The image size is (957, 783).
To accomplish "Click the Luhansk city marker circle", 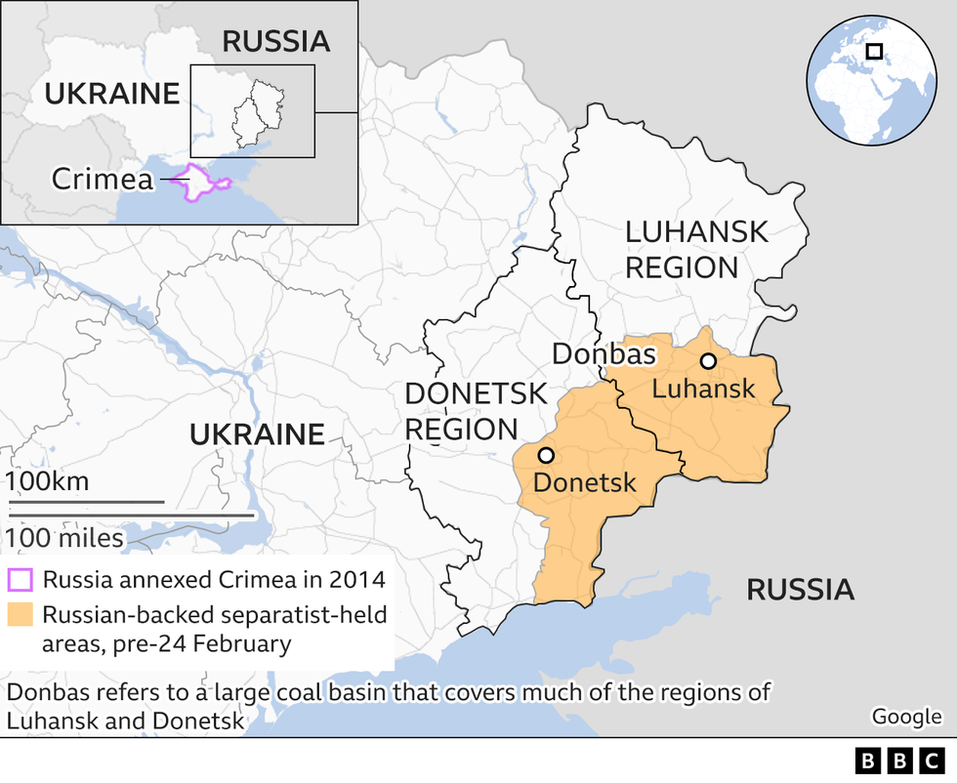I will pyautogui.click(x=708, y=361).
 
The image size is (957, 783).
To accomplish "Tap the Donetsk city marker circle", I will pyautogui.click(x=546, y=455).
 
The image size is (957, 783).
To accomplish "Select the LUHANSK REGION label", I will pyautogui.click(x=696, y=250).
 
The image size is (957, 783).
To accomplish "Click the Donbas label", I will pyautogui.click(x=603, y=353).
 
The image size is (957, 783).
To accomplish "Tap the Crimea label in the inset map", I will pyautogui.click(x=103, y=179).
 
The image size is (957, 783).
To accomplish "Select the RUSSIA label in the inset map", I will pyautogui.click(x=276, y=41).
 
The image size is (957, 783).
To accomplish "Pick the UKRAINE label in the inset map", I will pyautogui.click(x=112, y=94).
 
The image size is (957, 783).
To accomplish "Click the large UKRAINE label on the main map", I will pyautogui.click(x=257, y=434).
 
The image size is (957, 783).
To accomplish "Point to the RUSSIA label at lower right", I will pyautogui.click(x=800, y=590).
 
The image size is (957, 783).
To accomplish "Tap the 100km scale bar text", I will pyautogui.click(x=48, y=481).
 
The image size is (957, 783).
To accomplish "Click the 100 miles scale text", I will pyautogui.click(x=64, y=538).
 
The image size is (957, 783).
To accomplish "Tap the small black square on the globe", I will pyautogui.click(x=874, y=51).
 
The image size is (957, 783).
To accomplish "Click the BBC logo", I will pyautogui.click(x=896, y=761).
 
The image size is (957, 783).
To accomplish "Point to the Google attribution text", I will pyautogui.click(x=906, y=717).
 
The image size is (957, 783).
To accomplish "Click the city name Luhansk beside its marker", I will pyautogui.click(x=703, y=389).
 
